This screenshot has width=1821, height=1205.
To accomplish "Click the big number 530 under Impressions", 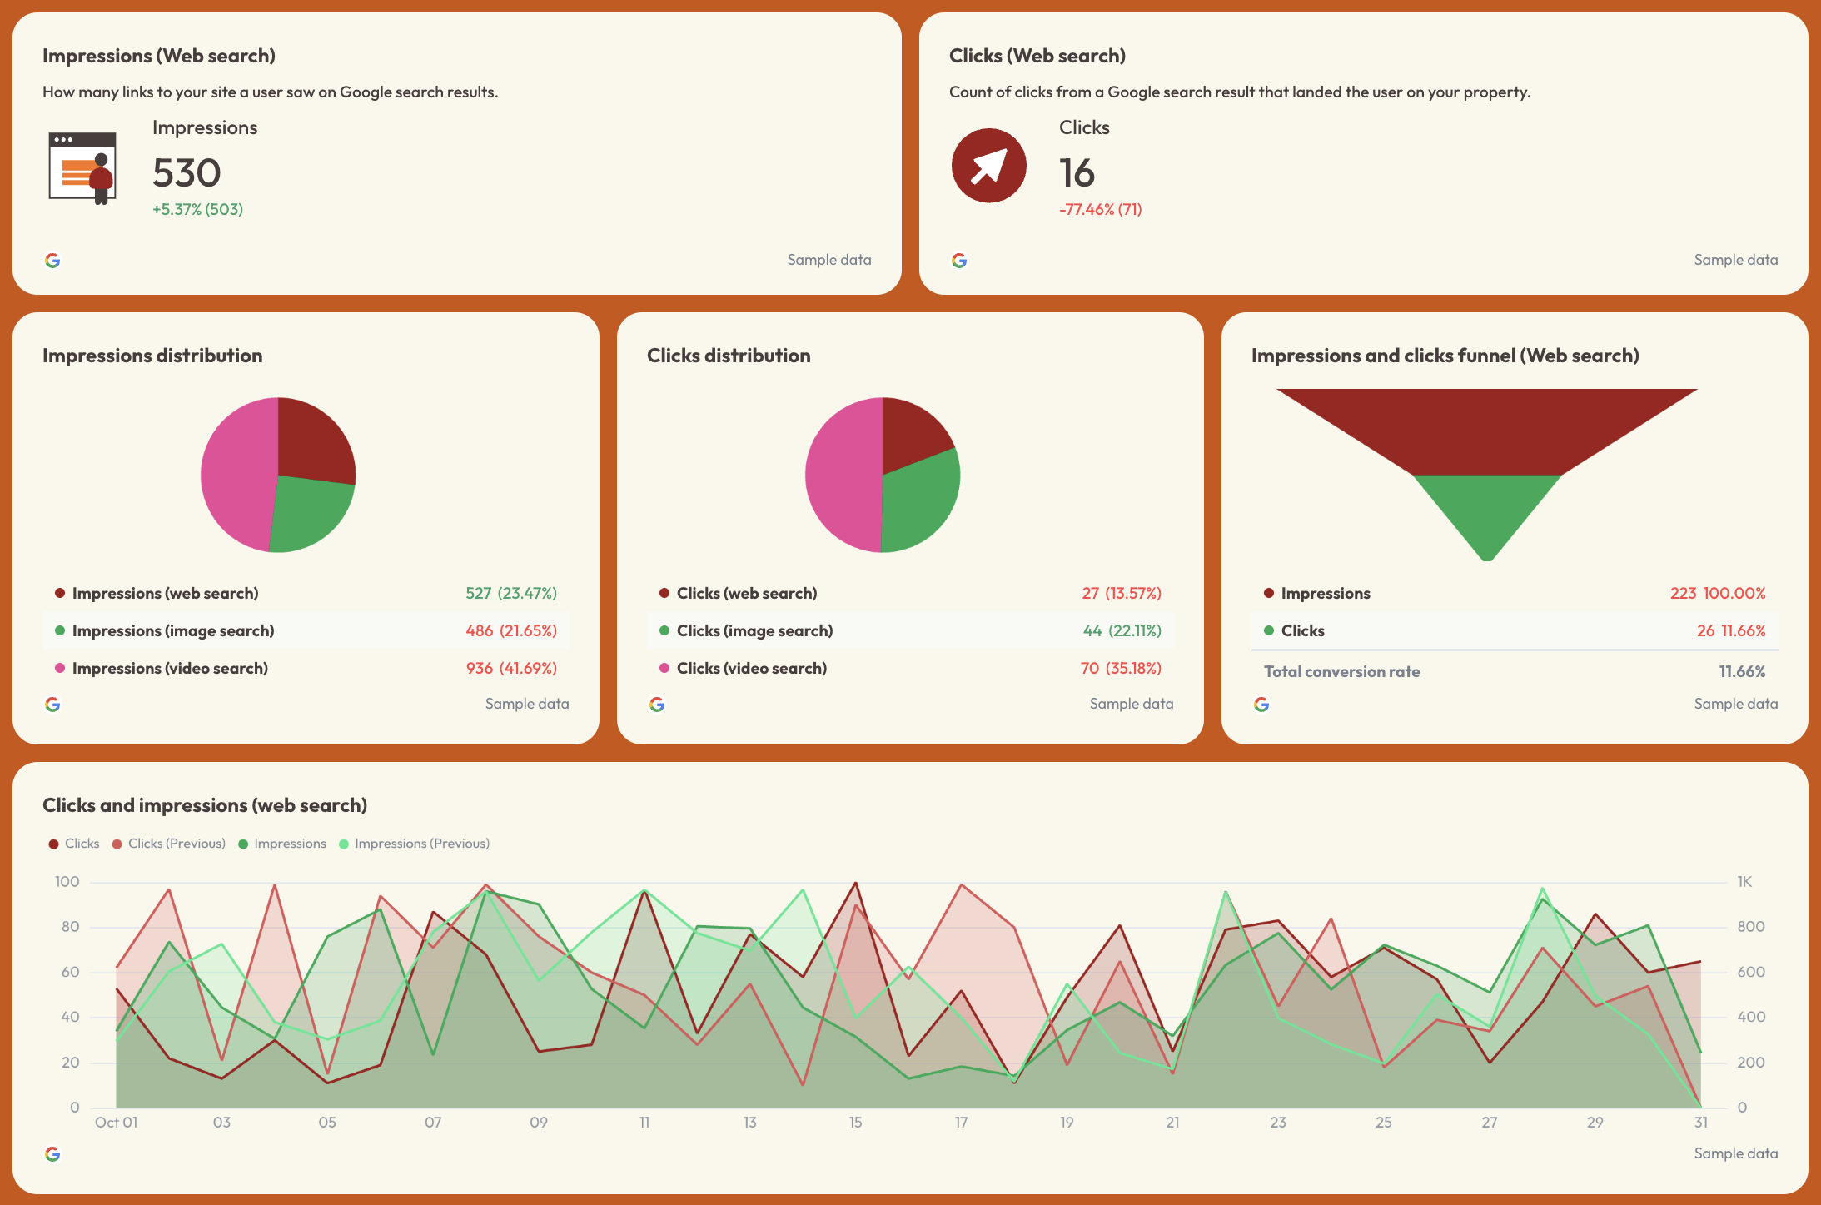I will point(187,173).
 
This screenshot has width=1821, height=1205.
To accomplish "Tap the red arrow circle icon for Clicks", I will point(988,166).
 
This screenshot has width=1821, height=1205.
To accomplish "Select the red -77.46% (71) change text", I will point(1100,209).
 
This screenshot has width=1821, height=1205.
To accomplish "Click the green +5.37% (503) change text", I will point(197,209).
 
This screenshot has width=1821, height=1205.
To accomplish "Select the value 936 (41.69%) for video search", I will point(511,668).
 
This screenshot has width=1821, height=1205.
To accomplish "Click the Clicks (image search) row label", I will point(754,630).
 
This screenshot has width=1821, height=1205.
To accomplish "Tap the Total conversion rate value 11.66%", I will point(1742,671).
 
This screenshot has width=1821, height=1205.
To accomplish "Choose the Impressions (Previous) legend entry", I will point(421,844).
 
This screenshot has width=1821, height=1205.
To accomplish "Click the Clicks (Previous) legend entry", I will point(177,844).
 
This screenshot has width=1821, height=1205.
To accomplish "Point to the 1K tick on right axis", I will point(1744,882).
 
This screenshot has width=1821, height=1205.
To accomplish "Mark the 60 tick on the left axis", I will point(71,972).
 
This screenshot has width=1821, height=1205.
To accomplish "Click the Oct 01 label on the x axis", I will point(116,1123).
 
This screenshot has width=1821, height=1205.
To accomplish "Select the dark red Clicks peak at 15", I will point(856,884).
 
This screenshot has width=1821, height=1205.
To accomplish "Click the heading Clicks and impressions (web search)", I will point(205,805).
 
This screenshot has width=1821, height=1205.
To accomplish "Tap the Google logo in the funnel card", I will point(1261,705).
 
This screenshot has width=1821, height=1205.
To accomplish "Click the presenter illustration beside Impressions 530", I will point(82,168).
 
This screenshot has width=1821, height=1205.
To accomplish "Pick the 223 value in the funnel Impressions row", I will point(1683,593).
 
